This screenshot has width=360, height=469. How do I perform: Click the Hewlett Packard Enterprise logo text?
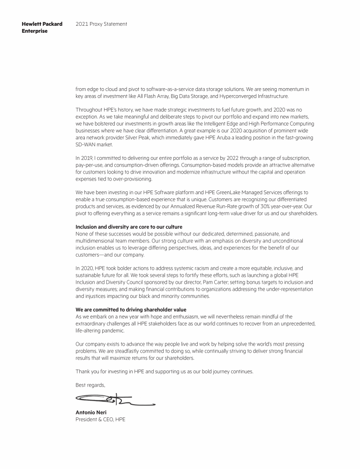click(42, 28)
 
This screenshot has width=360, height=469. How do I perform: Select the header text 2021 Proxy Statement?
click(101, 24)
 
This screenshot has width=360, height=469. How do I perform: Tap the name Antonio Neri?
click(91, 413)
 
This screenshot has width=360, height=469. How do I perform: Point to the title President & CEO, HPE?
click(100, 419)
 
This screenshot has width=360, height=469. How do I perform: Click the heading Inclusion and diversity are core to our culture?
click(129, 227)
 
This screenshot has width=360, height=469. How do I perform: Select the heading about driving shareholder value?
click(131, 310)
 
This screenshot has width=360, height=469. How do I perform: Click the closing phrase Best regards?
click(90, 385)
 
